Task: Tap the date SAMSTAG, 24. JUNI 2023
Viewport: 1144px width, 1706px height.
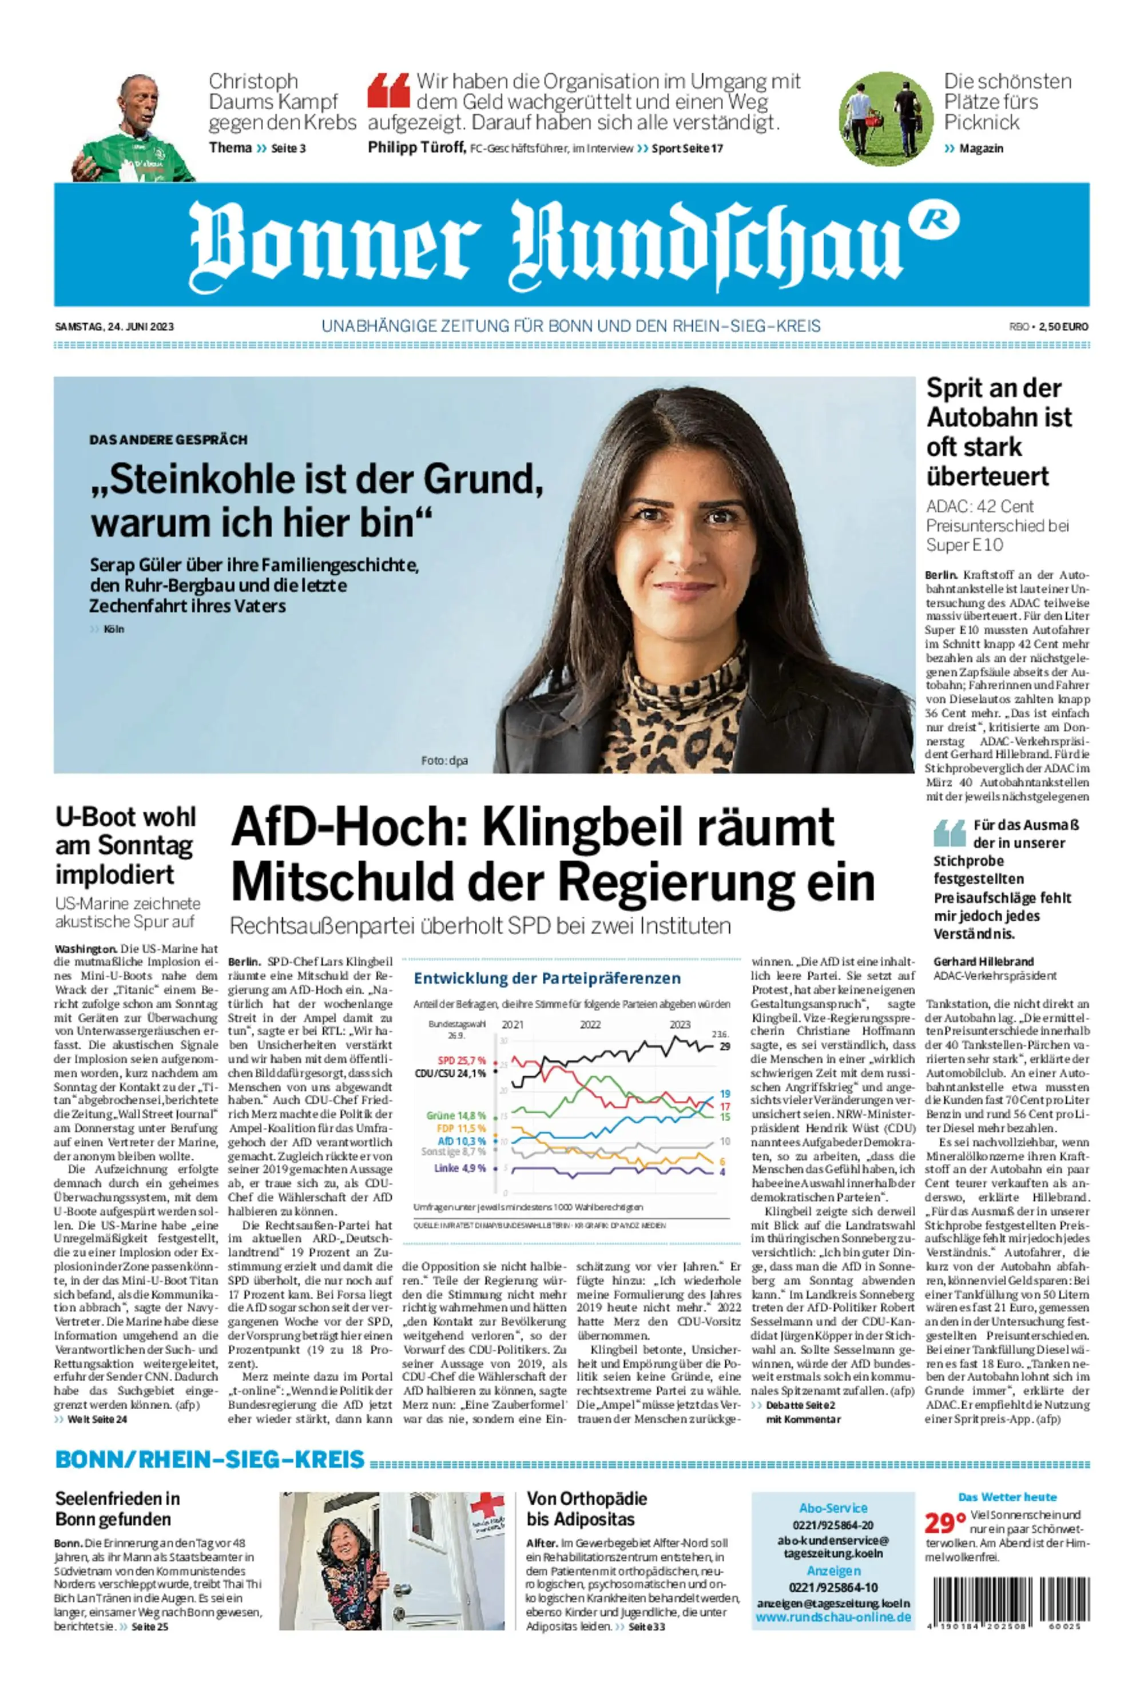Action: point(114,327)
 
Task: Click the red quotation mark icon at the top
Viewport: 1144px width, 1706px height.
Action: point(388,90)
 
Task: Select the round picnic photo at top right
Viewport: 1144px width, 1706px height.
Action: point(885,119)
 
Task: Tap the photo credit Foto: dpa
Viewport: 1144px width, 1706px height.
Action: point(444,761)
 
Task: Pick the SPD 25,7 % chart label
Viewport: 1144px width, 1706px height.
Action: point(461,1060)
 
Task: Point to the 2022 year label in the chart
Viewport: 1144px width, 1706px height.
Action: point(590,1025)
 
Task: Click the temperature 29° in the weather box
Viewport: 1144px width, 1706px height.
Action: point(945,1524)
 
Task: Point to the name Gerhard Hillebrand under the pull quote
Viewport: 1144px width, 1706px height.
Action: point(983,961)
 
